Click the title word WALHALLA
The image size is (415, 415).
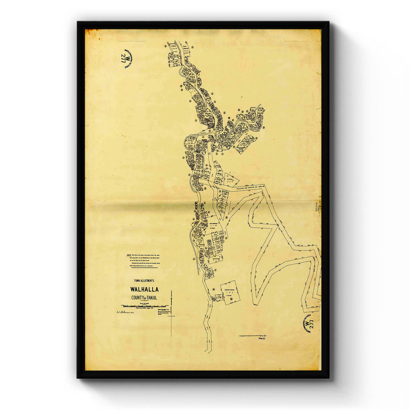point(145,289)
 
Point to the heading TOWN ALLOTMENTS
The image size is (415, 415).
point(144,281)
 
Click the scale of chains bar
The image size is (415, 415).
point(145,306)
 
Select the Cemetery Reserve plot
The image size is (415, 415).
point(230,293)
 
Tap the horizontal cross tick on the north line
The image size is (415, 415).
point(172,316)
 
